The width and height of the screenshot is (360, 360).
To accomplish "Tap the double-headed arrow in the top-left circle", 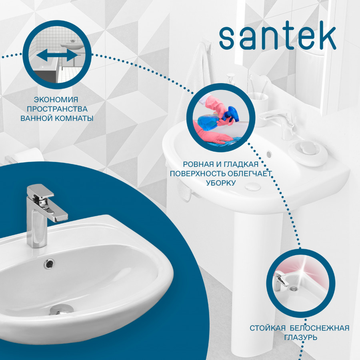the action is coord(57,55).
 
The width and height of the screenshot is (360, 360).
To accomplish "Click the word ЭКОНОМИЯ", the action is coord(56,100).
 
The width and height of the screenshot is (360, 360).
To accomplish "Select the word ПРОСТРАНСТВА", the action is coord(57,109).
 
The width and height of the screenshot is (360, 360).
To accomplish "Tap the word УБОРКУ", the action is coord(221,183).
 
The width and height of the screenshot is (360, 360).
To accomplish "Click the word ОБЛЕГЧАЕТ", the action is coord(248,174).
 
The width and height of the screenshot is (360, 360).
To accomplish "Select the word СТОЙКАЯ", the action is coord(268,328).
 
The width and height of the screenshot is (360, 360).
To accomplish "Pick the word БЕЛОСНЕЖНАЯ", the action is coord(320,328).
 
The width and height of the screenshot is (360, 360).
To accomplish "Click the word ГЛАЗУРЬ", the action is coord(301,338).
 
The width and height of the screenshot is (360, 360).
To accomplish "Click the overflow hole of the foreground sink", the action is coord(49,263).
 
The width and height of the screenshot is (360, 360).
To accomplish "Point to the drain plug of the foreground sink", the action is coord(61,309).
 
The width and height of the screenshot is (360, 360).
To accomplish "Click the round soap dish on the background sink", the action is coord(308,152).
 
